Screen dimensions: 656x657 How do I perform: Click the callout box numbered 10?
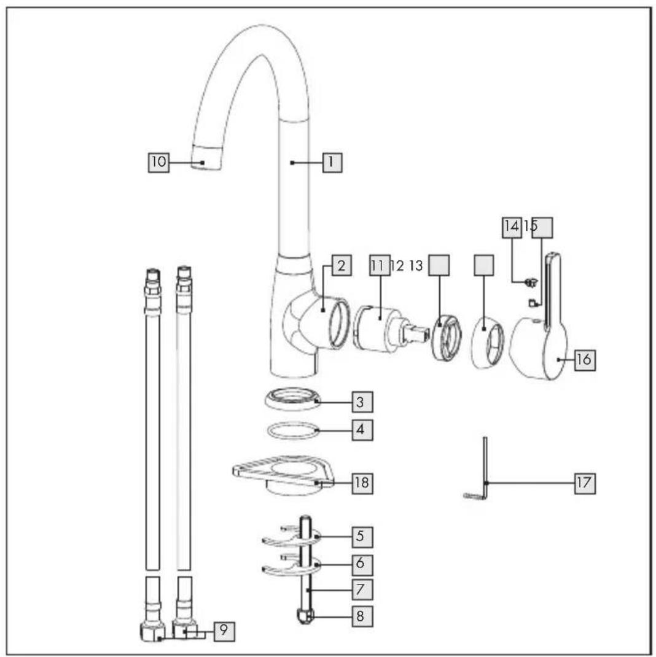pyautogui.click(x=159, y=162)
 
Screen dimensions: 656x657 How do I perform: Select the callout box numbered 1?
pyautogui.click(x=332, y=162)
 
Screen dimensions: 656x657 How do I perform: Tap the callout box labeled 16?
pyautogui.click(x=585, y=359)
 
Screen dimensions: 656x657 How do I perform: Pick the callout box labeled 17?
pyautogui.click(x=585, y=483)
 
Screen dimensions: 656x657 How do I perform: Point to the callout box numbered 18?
pyautogui.click(x=362, y=483)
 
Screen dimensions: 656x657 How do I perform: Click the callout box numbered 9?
pyautogui.click(x=224, y=631)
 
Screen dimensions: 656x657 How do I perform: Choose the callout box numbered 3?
pyautogui.click(x=362, y=402)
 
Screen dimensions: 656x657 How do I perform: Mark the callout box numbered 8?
pyautogui.click(x=362, y=616)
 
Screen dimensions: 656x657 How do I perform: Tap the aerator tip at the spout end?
pyautogui.click(x=206, y=157)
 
